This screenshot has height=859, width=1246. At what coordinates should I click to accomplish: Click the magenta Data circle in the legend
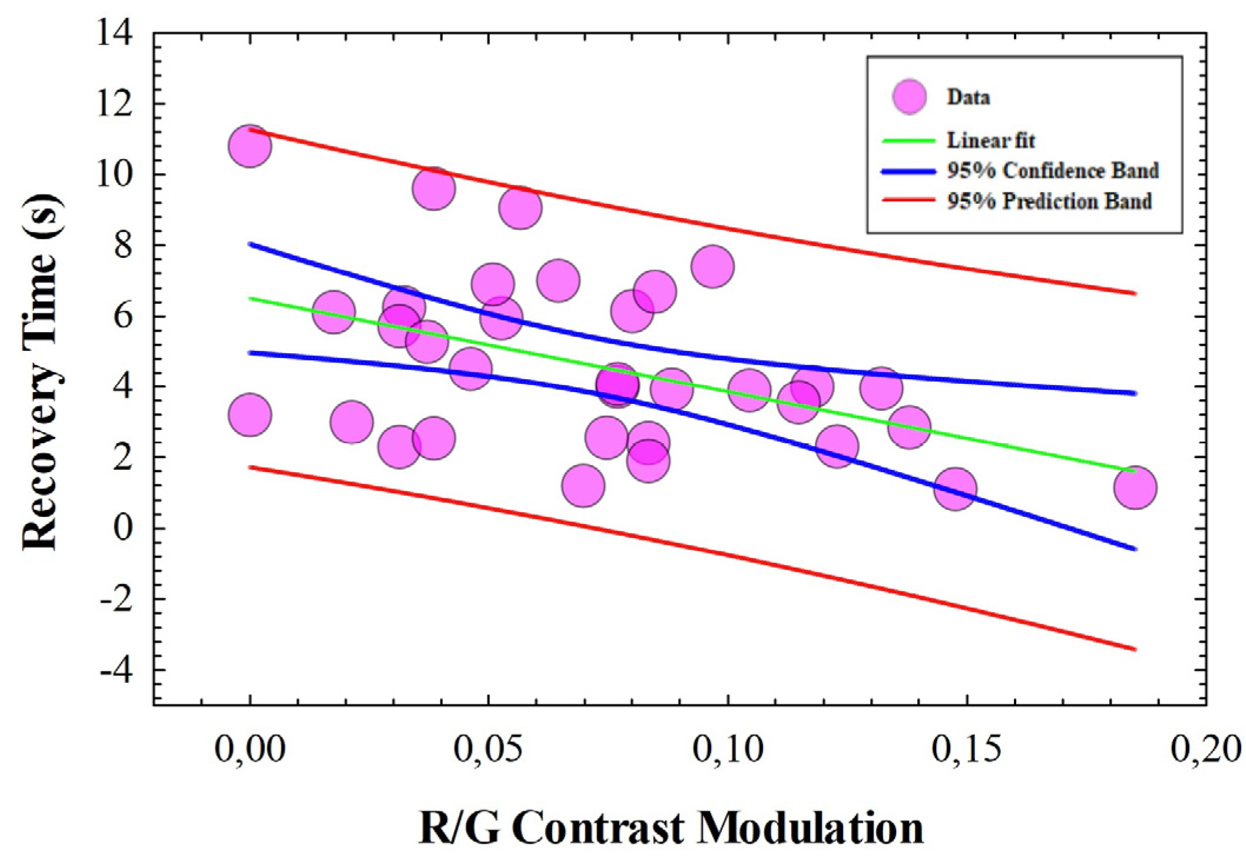click(909, 97)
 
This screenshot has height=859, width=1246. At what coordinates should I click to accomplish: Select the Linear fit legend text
click(991, 141)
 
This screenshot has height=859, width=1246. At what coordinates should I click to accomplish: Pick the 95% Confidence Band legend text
click(1052, 171)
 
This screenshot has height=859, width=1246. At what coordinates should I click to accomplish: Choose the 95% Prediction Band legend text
click(1049, 201)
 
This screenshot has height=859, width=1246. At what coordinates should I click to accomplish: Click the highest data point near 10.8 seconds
click(250, 146)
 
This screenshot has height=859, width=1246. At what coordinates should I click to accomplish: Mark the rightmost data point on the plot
click(1135, 487)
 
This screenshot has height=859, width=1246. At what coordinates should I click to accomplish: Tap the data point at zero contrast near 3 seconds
click(250, 414)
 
